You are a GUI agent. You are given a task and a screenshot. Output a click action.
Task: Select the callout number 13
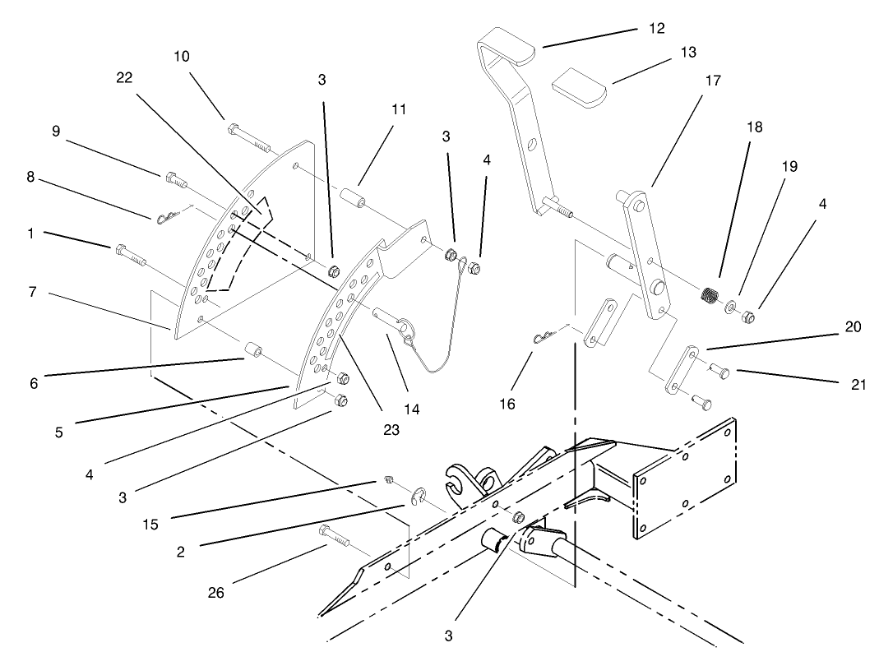pyautogui.click(x=688, y=52)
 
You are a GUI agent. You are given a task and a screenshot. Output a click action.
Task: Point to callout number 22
pyautogui.click(x=125, y=76)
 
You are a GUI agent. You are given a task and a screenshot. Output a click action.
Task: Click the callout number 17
pyautogui.click(x=712, y=81)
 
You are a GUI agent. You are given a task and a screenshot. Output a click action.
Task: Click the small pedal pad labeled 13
pyautogui.click(x=578, y=88)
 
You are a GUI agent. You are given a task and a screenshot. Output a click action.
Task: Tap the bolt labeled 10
pyautogui.click(x=252, y=137)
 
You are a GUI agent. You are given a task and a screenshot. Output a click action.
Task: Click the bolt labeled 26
pyautogui.click(x=336, y=536)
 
